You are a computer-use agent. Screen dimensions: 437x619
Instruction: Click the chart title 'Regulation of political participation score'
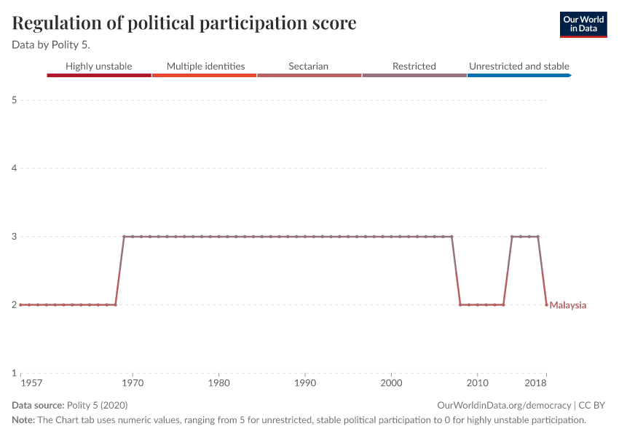pos(184,23)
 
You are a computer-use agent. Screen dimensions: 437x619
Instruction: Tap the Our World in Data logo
pos(583,24)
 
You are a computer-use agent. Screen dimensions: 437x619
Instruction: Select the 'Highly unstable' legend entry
pos(99,66)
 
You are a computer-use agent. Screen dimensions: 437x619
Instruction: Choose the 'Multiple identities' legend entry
pos(205,66)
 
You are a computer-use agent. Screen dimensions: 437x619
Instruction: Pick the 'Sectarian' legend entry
pos(308,66)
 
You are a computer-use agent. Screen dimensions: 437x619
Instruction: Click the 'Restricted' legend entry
pos(414,66)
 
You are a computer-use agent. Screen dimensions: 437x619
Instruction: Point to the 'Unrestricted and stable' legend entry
pos(519,66)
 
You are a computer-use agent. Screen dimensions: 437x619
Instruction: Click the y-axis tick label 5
pos(13,100)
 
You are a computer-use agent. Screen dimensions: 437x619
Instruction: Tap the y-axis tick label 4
pos(13,168)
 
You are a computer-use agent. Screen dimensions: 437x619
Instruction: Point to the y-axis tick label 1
pos(13,373)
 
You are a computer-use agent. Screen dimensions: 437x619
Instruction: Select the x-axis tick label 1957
pos(31,383)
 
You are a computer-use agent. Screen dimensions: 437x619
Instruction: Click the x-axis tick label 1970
pos(132,383)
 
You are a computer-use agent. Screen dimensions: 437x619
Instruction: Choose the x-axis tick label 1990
pos(304,383)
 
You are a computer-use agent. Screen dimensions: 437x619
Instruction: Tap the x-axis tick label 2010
pos(477,383)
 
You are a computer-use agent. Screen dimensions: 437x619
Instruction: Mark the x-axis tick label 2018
pos(536,383)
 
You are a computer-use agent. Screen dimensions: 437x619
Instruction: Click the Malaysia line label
pos(568,305)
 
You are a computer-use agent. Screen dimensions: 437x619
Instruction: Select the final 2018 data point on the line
pos(546,304)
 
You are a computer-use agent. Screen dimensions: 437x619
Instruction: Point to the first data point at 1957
pos(20,304)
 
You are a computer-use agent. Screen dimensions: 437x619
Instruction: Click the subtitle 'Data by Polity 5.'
pos(50,44)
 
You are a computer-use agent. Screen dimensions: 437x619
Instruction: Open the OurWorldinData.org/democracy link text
pos(504,405)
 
